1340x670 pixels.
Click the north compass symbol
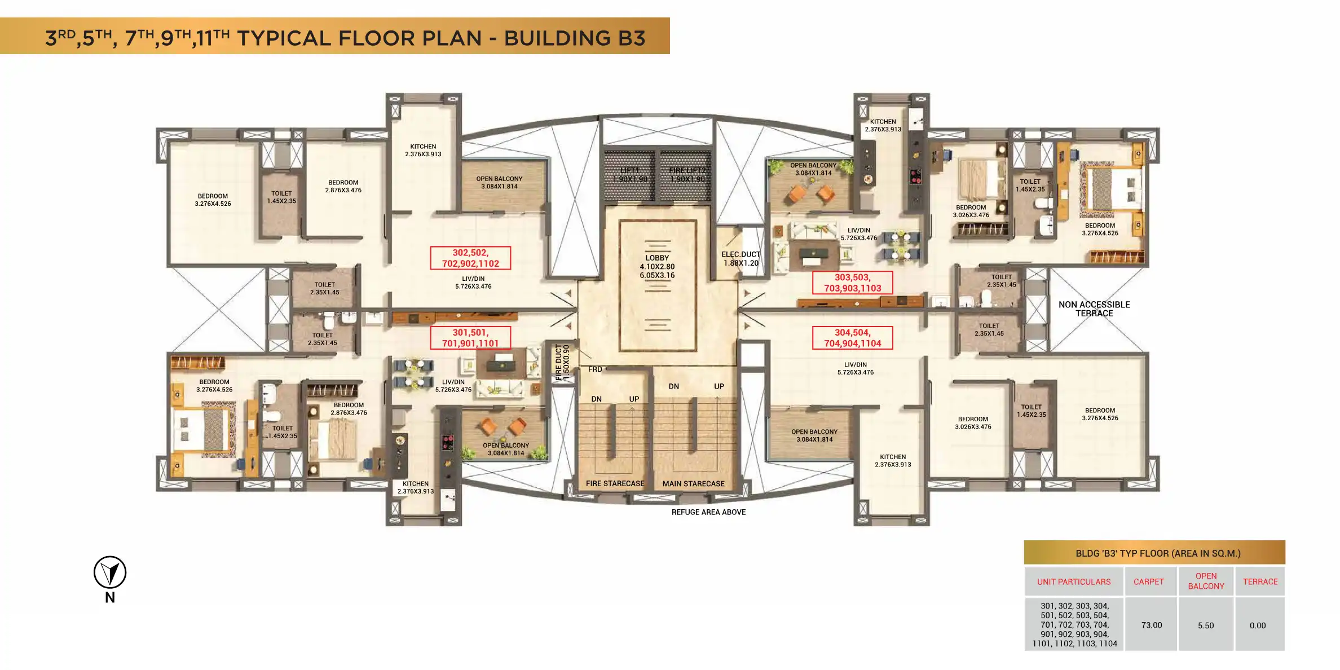(110, 572)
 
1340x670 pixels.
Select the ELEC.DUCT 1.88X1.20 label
(740, 259)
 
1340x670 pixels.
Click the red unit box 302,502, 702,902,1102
(470, 258)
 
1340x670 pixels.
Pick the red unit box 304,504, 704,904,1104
(852, 338)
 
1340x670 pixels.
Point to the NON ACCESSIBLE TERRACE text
(1094, 309)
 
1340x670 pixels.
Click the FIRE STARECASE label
(615, 484)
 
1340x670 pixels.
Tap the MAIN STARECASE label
(693, 484)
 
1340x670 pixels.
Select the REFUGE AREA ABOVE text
(708, 512)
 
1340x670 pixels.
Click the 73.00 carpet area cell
(1151, 625)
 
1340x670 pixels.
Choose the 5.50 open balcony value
(1206, 625)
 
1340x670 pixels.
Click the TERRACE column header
(1260, 582)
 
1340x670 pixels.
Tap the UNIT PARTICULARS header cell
(1074, 582)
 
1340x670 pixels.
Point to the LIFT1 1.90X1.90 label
(630, 175)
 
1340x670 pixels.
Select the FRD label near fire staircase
(595, 369)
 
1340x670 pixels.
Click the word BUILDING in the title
(557, 38)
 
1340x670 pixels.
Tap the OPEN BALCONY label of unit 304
(814, 435)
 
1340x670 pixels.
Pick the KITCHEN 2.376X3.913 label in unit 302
(423, 150)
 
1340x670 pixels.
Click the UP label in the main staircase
(719, 386)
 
